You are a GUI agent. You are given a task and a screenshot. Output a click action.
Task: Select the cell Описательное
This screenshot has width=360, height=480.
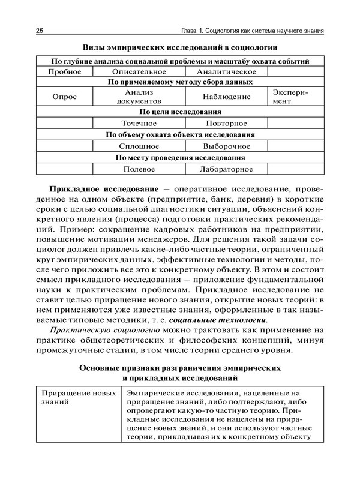tap(139, 71)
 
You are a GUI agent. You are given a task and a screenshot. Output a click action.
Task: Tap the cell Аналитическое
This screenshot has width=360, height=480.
tap(226, 71)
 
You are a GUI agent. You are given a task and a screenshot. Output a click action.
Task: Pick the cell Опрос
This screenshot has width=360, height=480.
tap(64, 97)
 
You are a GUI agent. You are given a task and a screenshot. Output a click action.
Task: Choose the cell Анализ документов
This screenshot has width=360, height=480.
tap(139, 97)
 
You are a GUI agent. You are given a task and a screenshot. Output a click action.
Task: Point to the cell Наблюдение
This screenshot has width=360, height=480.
tap(226, 97)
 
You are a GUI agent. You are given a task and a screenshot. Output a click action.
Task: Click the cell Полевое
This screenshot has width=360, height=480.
tap(139, 169)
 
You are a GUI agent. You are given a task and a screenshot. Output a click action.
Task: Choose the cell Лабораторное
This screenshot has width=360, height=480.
tap(226, 169)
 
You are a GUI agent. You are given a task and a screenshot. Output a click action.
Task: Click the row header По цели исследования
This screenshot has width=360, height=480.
tap(180, 111)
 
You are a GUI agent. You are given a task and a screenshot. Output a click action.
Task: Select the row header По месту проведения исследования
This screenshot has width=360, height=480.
tap(180, 158)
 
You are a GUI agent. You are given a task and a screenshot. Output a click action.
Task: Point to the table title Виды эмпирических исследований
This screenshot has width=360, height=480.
tap(180, 47)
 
